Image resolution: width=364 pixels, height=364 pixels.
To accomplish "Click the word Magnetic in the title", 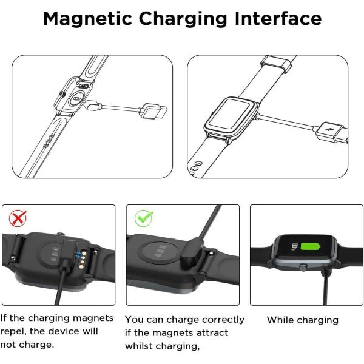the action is click(87, 19).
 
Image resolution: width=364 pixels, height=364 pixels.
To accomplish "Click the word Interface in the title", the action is click(278, 18).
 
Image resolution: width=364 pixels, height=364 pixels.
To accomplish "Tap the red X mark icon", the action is click(18, 218).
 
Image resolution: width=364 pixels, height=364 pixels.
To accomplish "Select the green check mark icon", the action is click(144, 218).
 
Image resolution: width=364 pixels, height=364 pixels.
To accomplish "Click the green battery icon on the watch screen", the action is click(311, 246).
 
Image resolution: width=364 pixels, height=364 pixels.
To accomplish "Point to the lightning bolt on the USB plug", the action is click(328, 129).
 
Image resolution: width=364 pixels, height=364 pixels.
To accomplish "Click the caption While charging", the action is click(303, 320).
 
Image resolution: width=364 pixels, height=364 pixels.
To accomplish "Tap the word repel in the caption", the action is click(13, 331).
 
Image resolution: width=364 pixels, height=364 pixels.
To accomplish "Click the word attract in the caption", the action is click(212, 333).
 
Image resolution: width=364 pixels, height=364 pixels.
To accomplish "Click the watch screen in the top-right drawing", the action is click(231, 115).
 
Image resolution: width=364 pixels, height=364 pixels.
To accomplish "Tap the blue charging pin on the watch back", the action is click(80, 255).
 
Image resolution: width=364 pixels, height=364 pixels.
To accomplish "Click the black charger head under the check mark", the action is click(192, 251).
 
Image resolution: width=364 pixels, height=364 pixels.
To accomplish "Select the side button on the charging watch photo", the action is click(303, 268).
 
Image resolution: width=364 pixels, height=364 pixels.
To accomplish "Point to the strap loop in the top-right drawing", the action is click(276, 64).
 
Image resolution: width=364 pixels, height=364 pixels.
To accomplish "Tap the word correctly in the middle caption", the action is click(223, 320).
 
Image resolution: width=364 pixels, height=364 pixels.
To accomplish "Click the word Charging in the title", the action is click(183, 19).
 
